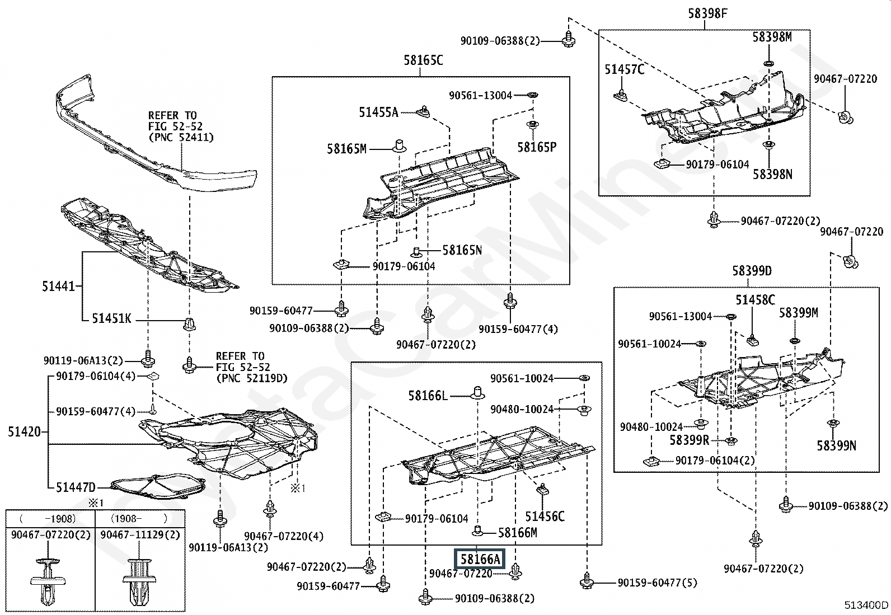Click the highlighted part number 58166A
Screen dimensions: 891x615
point(480,559)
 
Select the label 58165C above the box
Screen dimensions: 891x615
point(423,60)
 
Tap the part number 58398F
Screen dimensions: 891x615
point(708,13)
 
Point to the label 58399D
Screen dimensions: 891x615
point(752,271)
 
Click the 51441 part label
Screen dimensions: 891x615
point(58,286)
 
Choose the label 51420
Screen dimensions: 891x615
point(24,431)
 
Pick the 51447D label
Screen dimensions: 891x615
point(76,487)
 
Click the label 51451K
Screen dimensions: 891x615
point(111,318)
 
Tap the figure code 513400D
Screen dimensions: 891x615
point(866,605)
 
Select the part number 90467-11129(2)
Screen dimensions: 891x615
point(140,534)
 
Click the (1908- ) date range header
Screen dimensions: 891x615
point(139,518)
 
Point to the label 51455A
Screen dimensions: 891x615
point(378,112)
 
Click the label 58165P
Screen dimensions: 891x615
point(537,147)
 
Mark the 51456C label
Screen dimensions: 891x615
point(545,517)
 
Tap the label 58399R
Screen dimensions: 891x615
point(690,440)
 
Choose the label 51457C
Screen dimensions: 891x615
point(624,69)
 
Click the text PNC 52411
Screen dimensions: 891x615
point(181,138)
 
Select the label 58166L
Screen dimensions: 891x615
point(428,396)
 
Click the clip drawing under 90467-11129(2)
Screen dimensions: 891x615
point(139,581)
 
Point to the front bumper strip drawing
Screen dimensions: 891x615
point(156,132)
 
